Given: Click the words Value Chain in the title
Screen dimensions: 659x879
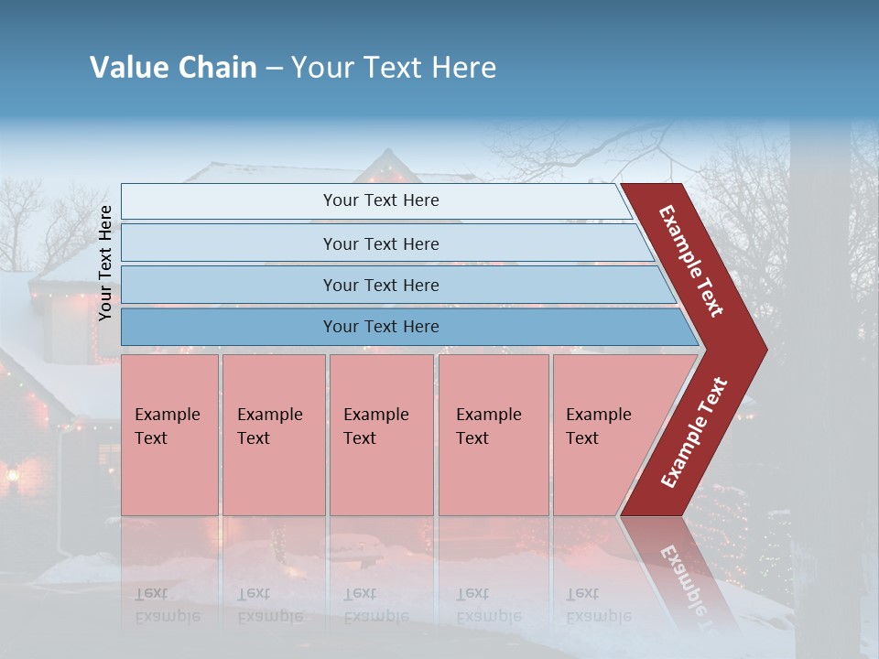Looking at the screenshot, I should [x=173, y=68].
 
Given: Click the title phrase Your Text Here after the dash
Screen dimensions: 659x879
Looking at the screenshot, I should [x=394, y=68].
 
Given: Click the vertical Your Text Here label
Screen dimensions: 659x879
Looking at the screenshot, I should [x=105, y=264].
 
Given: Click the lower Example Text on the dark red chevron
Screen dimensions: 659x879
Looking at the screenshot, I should [x=694, y=433].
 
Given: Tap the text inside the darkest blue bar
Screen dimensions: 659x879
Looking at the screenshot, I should [x=381, y=327].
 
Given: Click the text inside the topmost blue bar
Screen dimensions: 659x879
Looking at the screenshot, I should [x=381, y=200].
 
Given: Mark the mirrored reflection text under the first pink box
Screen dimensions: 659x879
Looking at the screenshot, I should [x=167, y=605].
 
